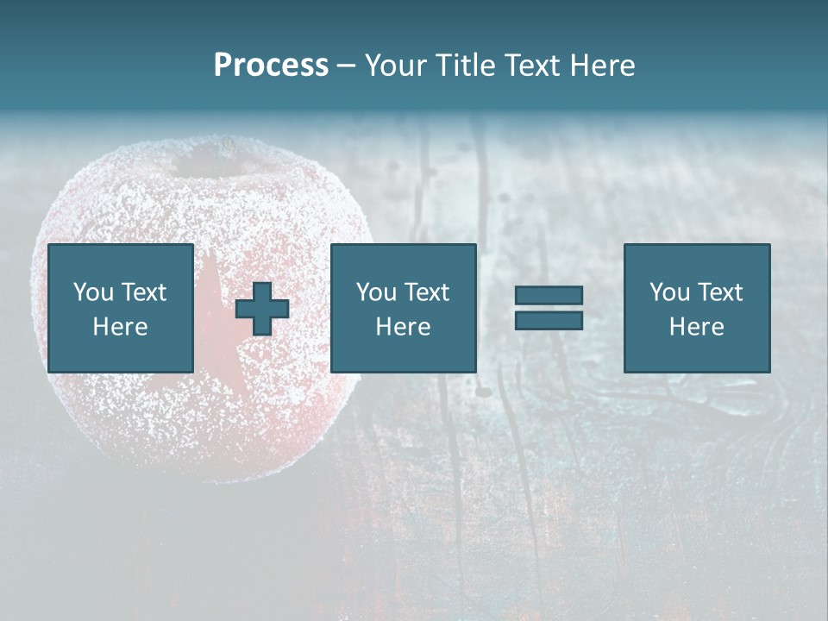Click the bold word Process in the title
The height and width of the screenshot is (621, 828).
pos(271,66)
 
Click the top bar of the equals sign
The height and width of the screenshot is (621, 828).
pos(549,295)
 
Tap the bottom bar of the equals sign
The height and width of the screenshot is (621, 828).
pos(549,320)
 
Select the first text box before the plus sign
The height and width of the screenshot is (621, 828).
pos(120,308)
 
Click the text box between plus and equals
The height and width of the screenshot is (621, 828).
pos(403,308)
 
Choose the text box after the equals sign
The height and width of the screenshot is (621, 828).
pos(696,308)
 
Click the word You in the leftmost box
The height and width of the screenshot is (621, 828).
pos(93,292)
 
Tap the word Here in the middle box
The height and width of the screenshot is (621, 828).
pos(403,327)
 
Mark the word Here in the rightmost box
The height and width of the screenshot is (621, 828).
pos(696,327)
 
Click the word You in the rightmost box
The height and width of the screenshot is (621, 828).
pos(669,292)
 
